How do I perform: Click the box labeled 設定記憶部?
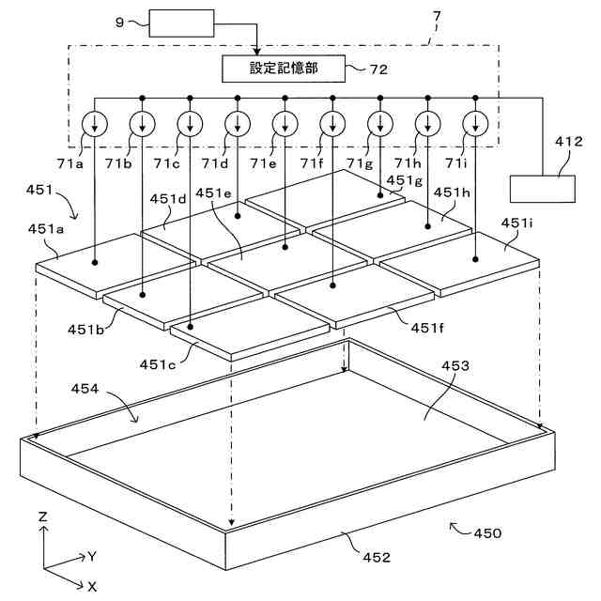[284, 69]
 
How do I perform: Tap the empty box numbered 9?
[181, 23]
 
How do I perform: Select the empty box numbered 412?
[543, 189]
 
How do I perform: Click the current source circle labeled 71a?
[95, 124]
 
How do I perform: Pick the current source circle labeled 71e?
[285, 124]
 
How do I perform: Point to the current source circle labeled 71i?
[475, 124]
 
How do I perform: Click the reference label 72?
[378, 69]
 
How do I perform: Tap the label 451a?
[46, 229]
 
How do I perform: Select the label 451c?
[158, 364]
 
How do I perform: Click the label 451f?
[427, 328]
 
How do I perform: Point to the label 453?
[455, 365]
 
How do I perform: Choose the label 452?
[377, 557]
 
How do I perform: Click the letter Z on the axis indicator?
[42, 516]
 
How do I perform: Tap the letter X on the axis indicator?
[92, 586]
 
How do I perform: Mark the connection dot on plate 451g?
[380, 195]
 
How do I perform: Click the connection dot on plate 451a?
[95, 263]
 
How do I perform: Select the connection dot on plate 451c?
[190, 327]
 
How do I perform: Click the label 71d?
[215, 163]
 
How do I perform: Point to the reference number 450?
[487, 533]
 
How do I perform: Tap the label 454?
[85, 389]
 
